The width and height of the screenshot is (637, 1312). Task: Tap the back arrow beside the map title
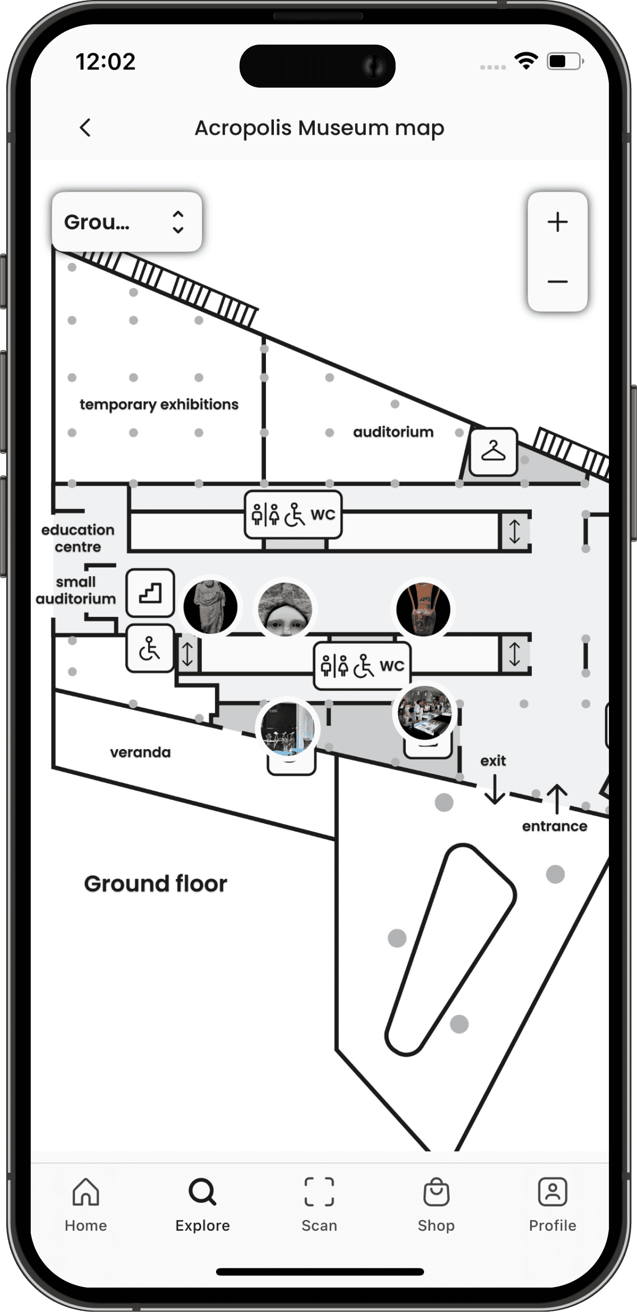tap(85, 128)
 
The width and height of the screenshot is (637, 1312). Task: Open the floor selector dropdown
tap(126, 222)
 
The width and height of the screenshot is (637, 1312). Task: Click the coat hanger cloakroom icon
tap(493, 452)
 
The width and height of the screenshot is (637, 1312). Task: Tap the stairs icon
tap(150, 593)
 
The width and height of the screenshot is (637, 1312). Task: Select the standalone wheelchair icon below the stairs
tap(150, 649)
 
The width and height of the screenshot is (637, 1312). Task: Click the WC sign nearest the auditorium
tap(293, 514)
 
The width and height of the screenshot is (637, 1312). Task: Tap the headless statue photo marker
tap(211, 607)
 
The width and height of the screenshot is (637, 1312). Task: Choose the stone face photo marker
tap(285, 609)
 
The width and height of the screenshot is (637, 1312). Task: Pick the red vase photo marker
tap(423, 609)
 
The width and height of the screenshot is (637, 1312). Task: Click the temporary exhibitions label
tap(159, 405)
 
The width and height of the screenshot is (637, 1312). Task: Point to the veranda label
tap(141, 752)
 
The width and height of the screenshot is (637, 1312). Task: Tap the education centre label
tap(78, 538)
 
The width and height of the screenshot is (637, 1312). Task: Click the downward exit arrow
tap(494, 790)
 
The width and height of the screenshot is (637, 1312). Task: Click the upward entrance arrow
tap(557, 799)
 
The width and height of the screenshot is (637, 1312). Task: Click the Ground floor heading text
tap(156, 884)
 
